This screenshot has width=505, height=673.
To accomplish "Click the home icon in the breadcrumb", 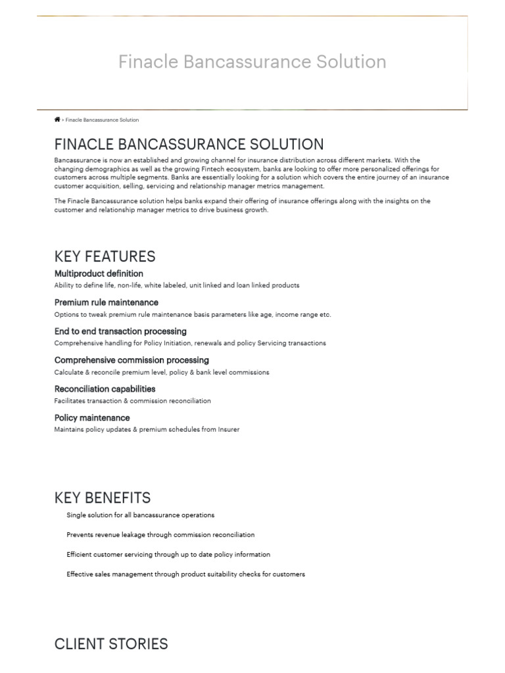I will pyautogui.click(x=57, y=120).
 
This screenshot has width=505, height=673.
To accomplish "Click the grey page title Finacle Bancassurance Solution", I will pyautogui.click(x=252, y=62).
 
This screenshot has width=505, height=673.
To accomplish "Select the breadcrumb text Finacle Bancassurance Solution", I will pyautogui.click(x=102, y=120).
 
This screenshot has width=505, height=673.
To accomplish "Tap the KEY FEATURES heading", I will pyautogui.click(x=105, y=256).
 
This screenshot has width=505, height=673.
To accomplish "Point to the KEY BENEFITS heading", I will pyautogui.click(x=102, y=498).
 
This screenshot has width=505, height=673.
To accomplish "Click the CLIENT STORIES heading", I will pyautogui.click(x=111, y=644).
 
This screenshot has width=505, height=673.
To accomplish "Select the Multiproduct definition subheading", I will pyautogui.click(x=99, y=273).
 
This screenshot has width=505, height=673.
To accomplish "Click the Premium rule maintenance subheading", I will pyautogui.click(x=106, y=302).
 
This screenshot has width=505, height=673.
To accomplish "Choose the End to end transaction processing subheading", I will pyautogui.click(x=120, y=331).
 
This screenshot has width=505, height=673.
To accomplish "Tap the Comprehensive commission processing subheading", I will pyautogui.click(x=132, y=360).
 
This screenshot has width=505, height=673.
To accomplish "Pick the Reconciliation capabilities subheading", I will pyautogui.click(x=105, y=389).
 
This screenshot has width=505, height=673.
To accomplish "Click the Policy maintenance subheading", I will pyautogui.click(x=92, y=418).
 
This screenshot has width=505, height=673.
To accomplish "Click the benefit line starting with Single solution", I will pyautogui.click(x=140, y=515).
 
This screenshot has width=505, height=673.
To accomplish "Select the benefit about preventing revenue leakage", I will pyautogui.click(x=160, y=535).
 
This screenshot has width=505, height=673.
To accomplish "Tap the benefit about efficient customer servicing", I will pyautogui.click(x=168, y=555).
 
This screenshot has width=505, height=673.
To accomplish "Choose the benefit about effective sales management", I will pyautogui.click(x=185, y=574).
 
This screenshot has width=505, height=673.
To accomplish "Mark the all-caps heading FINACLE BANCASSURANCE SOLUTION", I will pyautogui.click(x=189, y=144).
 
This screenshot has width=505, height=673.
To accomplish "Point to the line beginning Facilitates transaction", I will pyautogui.click(x=132, y=401).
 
